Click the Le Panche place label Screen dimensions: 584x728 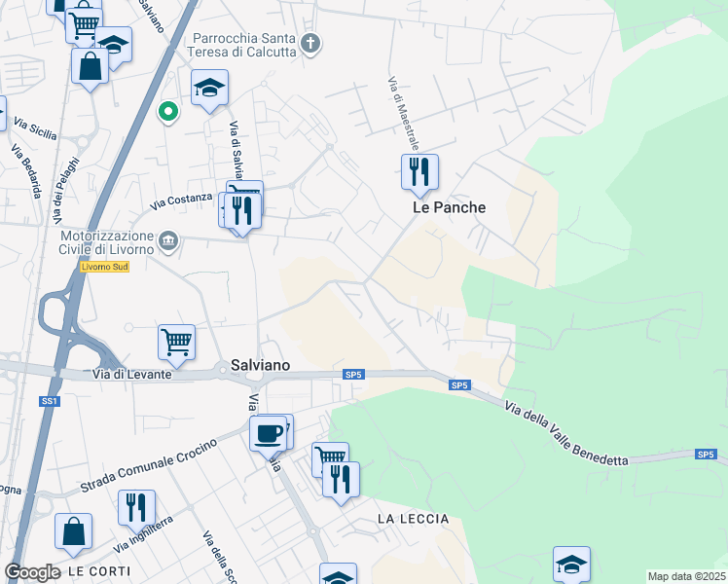click(x=449, y=207)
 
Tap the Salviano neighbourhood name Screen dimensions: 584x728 click(x=262, y=365)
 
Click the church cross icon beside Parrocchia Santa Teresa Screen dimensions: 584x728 click(x=310, y=43)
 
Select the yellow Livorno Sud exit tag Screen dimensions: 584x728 click(x=105, y=268)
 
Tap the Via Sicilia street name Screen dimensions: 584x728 click(x=35, y=125)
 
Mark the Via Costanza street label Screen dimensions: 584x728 click(x=181, y=201)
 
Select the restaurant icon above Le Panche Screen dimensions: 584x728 click(x=419, y=172)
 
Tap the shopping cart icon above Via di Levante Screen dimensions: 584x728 click(x=176, y=342)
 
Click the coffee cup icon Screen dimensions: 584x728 click(x=268, y=433)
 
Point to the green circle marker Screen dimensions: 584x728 click(x=168, y=112)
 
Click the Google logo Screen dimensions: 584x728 click(x=32, y=572)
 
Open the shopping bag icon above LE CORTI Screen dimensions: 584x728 click(x=73, y=531)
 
